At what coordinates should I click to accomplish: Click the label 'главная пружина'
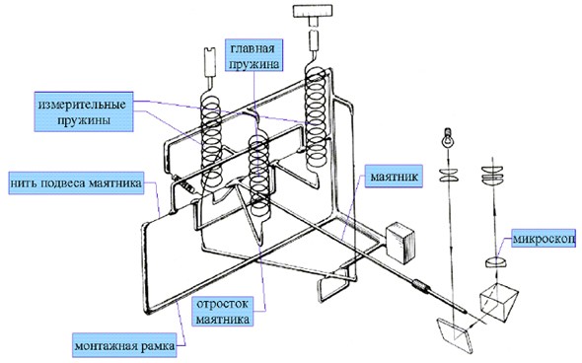pos(255,55)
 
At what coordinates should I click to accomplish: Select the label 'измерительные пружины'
pos(84,111)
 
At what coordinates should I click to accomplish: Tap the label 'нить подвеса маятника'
pos(76,183)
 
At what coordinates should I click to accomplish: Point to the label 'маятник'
pos(394,177)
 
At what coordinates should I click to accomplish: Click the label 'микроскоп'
pos(544,239)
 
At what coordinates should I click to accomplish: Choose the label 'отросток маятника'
pos(223,311)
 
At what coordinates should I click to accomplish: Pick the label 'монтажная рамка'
pos(124,346)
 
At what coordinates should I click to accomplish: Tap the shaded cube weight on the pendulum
pos(400,243)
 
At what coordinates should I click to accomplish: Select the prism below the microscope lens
pos(499,301)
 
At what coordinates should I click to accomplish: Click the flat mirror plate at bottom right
pos(456,336)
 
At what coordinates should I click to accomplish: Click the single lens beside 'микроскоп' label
pos(496,262)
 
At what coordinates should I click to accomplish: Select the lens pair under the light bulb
pos(449,176)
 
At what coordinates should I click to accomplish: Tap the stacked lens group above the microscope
pos(493,174)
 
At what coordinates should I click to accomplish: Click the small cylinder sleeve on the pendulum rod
pos(421,286)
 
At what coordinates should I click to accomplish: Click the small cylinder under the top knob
pos(314,40)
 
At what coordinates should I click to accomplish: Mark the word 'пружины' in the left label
pos(84,120)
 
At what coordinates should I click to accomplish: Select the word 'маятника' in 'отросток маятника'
pos(223,319)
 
